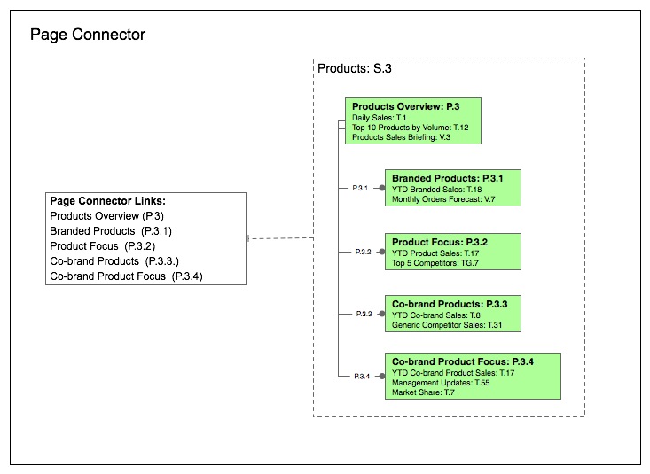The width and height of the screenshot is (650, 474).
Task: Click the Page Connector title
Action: point(88,35)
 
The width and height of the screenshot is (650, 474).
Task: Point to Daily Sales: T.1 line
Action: point(379,118)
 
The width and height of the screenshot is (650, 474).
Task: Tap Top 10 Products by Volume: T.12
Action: point(410,128)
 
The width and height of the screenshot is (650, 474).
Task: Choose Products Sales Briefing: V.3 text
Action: point(401,137)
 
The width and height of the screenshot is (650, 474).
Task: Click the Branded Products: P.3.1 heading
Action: point(448,179)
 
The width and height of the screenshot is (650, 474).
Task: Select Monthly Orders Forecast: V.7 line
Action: point(443,199)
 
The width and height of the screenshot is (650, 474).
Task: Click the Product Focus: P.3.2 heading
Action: point(440,242)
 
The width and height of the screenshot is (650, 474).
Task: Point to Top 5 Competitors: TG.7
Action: point(435,262)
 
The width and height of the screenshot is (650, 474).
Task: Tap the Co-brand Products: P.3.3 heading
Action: point(450,304)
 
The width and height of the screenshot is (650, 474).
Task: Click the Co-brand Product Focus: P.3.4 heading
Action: point(475,361)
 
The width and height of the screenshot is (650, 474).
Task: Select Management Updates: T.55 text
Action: point(441,382)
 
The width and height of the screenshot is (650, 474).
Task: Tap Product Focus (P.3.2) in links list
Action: point(103,246)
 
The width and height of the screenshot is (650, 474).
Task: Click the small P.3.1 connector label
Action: point(359,189)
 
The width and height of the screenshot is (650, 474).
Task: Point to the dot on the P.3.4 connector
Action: point(381,376)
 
